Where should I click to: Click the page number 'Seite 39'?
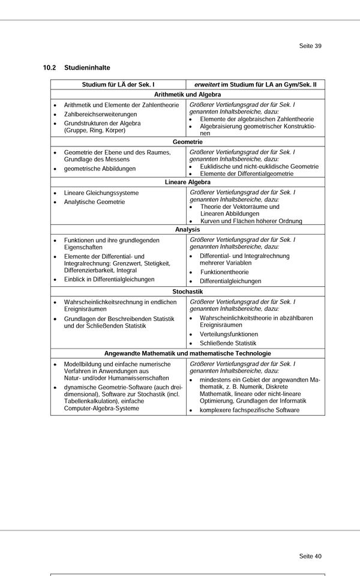point(310,46)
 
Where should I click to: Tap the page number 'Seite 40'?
point(310,556)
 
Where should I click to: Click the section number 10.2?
point(49,68)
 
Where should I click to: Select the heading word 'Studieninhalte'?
point(87,68)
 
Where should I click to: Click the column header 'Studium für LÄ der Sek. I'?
point(118,85)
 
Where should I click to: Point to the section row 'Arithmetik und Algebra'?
point(187,95)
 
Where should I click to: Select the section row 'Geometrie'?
point(187,142)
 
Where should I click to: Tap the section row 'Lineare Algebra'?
point(187,181)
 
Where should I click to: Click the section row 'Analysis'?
point(187,229)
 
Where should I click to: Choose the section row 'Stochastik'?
point(187,291)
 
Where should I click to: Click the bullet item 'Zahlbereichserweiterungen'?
point(100,114)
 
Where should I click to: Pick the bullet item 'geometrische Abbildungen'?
point(100,169)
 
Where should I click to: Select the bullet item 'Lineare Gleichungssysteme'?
point(101,193)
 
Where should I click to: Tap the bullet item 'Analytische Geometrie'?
point(94,202)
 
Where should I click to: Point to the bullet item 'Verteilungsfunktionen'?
point(229,334)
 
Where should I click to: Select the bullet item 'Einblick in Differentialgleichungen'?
point(109,279)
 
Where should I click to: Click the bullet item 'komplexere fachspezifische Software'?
point(249,410)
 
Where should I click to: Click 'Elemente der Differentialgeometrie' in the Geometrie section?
point(247,173)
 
